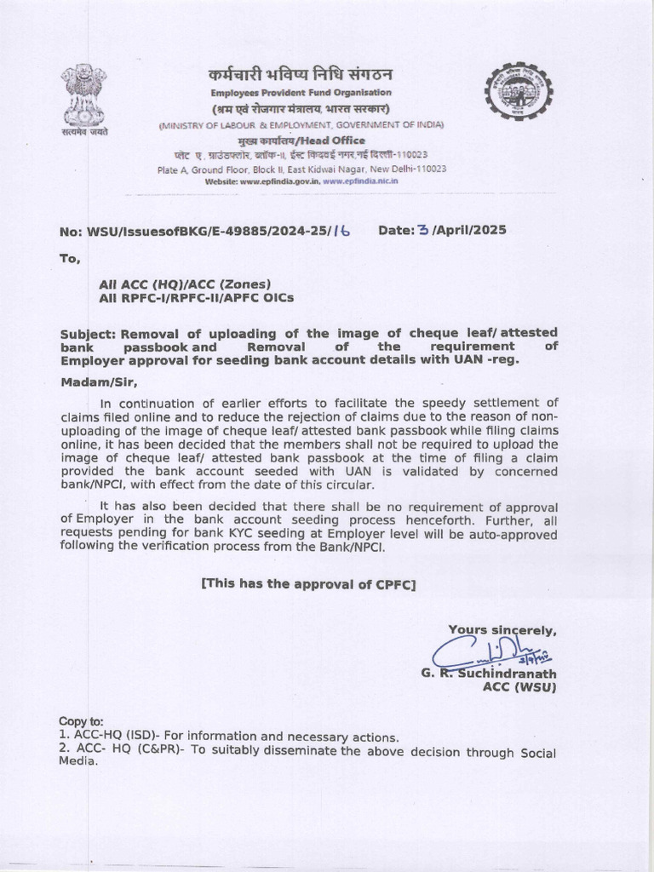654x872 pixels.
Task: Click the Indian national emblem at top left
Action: (x=83, y=95)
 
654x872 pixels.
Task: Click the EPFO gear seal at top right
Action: (x=518, y=92)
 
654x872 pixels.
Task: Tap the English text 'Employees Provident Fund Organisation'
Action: (x=301, y=92)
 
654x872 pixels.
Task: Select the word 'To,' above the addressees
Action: (x=70, y=259)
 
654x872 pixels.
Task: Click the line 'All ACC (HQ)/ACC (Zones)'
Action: (x=185, y=284)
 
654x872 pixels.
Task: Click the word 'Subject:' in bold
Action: (x=89, y=332)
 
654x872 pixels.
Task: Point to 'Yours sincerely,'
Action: (x=502, y=630)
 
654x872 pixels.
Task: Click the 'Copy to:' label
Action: (x=81, y=720)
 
